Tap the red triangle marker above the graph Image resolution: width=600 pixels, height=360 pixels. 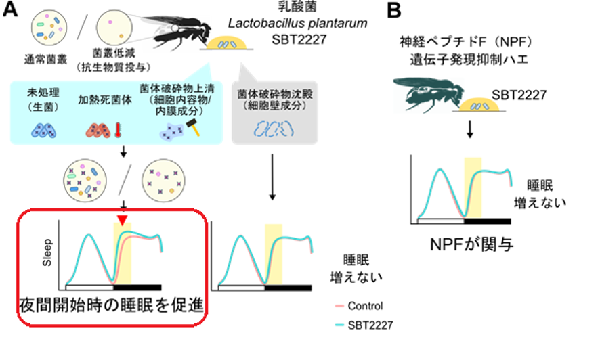point(122,221)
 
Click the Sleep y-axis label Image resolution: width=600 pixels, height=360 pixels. point(47,251)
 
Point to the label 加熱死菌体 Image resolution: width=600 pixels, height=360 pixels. point(101,97)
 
